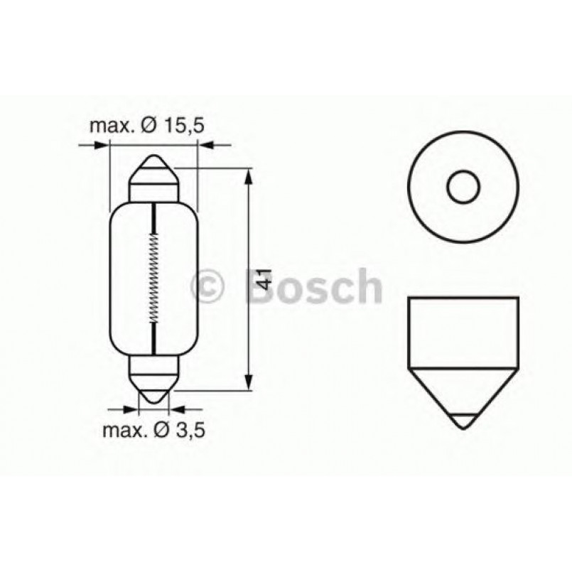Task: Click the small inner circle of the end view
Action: [x=463, y=186]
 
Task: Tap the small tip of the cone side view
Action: [x=463, y=420]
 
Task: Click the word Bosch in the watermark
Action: [x=318, y=287]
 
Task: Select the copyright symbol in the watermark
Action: [x=209, y=287]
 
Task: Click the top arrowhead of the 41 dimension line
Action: [x=248, y=176]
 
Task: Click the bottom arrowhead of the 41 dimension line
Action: [x=248, y=382]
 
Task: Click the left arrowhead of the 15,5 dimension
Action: [x=104, y=145]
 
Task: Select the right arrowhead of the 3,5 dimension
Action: [x=176, y=409]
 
